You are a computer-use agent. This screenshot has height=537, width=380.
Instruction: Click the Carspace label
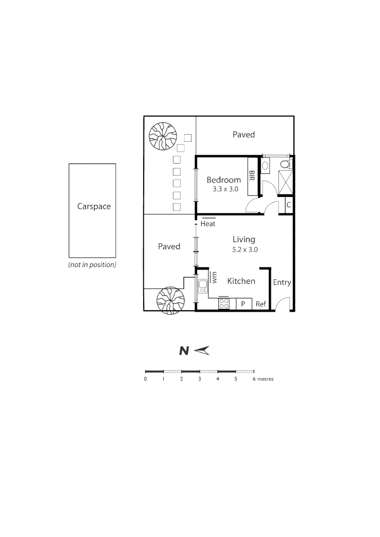point(94,206)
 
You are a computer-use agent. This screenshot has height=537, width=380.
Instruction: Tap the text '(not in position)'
point(92,265)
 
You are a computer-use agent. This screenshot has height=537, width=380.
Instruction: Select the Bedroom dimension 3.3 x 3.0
point(223,189)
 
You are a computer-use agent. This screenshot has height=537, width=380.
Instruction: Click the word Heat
point(208,224)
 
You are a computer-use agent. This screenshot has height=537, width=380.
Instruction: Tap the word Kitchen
point(241,281)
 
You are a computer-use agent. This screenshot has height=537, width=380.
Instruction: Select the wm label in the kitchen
point(214,277)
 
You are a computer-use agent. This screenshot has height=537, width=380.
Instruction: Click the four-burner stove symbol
point(224,304)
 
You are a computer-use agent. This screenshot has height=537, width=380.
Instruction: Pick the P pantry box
point(244,304)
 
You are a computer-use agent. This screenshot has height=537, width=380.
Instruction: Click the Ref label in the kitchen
point(261,304)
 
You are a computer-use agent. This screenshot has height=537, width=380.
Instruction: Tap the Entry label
point(282,282)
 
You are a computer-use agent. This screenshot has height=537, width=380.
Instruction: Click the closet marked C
point(288,204)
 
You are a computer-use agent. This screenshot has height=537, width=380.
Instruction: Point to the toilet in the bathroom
point(285,164)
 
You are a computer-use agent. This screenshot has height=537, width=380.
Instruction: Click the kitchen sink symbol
point(202,287)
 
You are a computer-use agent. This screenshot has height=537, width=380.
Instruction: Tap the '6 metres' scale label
point(263,379)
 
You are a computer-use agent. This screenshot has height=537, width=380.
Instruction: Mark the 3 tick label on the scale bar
point(199,379)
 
